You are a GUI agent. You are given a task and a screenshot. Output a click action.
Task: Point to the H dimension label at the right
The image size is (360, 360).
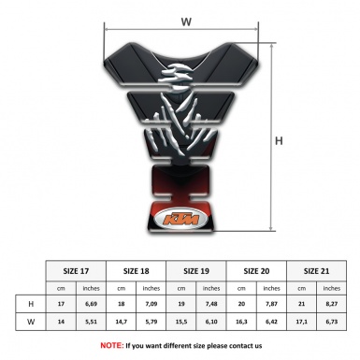point(279,141)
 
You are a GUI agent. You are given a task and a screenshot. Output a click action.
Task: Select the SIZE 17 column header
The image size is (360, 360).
point(78,269)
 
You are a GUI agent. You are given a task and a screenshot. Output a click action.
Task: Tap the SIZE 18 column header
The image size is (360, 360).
point(137,269)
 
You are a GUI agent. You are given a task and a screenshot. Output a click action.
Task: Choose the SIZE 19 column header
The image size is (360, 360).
point(196,269)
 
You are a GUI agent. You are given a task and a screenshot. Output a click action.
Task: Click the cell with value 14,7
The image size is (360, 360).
point(122,322)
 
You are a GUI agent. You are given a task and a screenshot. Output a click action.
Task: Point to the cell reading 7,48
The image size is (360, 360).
point(212,303)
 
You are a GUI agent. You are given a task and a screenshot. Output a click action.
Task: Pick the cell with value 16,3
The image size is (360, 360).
point(242,322)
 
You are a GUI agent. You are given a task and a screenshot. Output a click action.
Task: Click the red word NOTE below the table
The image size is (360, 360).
point(110,345)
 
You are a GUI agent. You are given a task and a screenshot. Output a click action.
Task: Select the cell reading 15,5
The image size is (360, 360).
point(181,322)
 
